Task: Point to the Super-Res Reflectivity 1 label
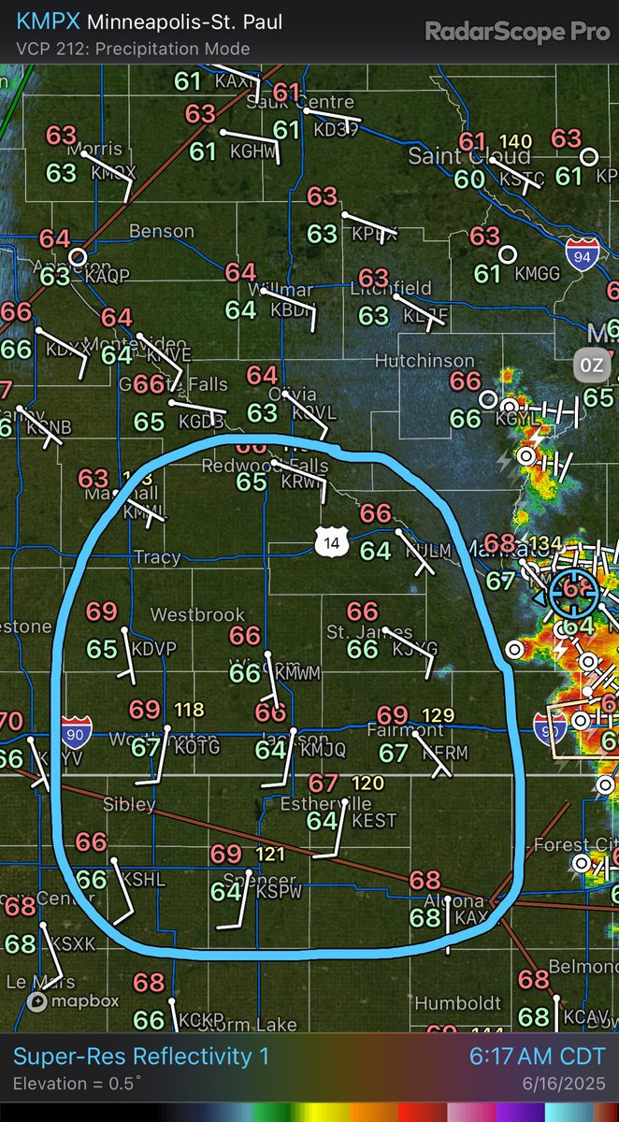click(x=141, y=1057)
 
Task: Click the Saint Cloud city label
click(x=455, y=157)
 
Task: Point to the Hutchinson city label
click(x=425, y=360)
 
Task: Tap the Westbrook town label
click(x=198, y=615)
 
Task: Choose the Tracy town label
click(x=156, y=557)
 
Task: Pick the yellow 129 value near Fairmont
click(x=438, y=715)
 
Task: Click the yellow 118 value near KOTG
click(x=189, y=710)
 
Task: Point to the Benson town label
click(x=162, y=231)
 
